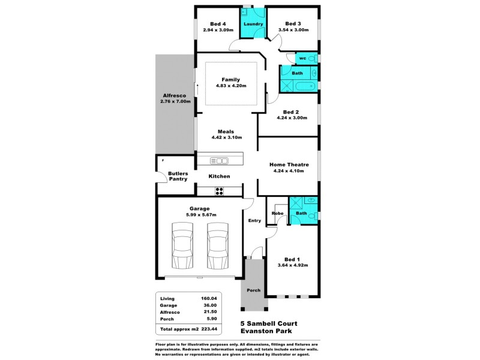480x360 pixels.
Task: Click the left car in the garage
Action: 182,246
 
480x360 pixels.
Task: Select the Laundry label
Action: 253,24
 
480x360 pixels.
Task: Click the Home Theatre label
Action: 289,164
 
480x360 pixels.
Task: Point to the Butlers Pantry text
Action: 178,176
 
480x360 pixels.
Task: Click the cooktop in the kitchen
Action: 220,191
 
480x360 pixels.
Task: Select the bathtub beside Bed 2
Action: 298,87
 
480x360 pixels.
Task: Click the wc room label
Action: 302,58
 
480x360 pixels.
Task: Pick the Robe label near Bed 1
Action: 277,213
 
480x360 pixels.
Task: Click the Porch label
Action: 254,290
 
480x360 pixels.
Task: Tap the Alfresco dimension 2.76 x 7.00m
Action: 175,101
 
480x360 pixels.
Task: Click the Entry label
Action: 254,221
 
